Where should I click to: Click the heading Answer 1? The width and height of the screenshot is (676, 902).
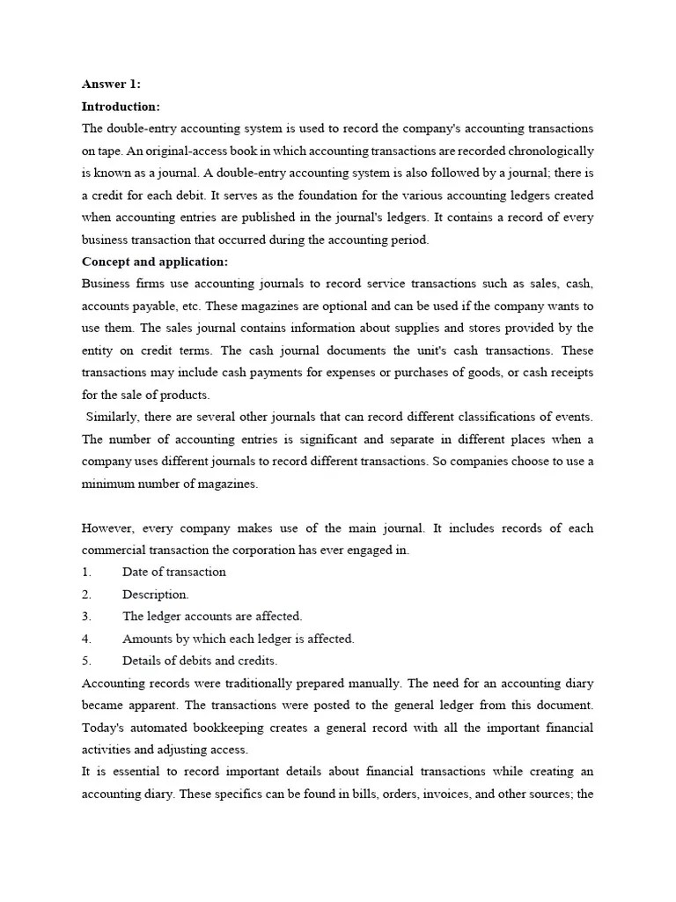tap(111, 85)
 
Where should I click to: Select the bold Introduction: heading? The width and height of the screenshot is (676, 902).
tap(121, 107)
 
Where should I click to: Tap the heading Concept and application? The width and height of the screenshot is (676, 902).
tap(155, 262)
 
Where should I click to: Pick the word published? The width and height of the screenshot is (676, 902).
tap(292, 218)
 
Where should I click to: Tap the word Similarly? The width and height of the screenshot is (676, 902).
tap(113, 417)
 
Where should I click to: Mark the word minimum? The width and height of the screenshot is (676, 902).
tap(108, 484)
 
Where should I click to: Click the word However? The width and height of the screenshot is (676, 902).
tap(109, 528)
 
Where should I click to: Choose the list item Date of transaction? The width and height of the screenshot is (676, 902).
tap(174, 572)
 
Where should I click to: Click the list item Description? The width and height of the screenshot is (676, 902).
tap(155, 595)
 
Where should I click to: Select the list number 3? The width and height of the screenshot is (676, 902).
tap(86, 617)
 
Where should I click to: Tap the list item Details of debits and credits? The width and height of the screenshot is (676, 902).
tap(200, 661)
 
